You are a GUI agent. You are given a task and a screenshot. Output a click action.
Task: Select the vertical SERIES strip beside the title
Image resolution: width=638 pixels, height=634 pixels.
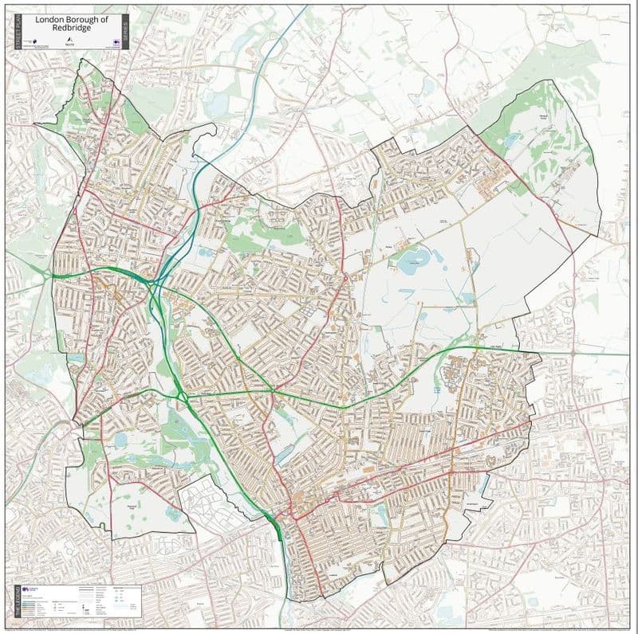tap(126, 31)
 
